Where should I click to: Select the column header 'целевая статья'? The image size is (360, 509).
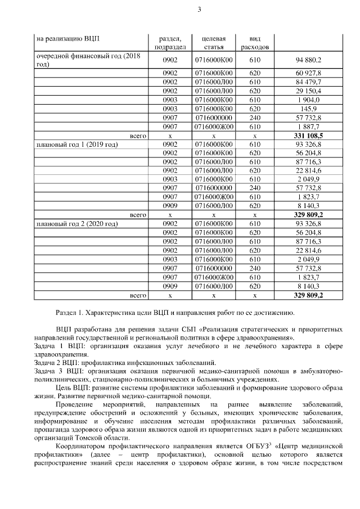(x=214, y=43)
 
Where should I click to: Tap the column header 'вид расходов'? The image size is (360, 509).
(x=255, y=43)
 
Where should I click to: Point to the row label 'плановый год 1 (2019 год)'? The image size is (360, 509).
(x=76, y=145)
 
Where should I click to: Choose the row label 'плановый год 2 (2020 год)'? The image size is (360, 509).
(x=76, y=224)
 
